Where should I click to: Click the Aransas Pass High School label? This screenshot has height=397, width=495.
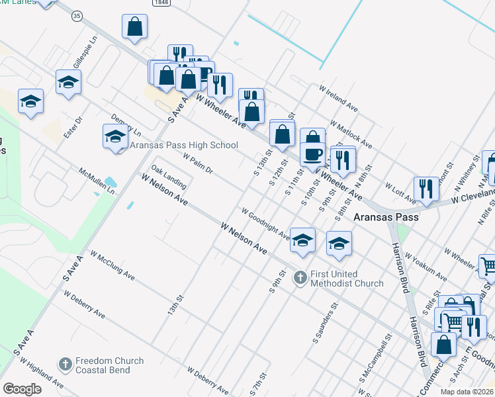coord(183,146)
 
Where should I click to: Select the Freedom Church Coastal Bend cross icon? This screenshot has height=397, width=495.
coord(65,364)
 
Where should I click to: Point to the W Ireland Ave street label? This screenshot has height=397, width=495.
coord(337,98)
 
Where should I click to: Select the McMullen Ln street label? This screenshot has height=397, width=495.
coord(97,179)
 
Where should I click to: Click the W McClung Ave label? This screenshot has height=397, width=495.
coord(112,265)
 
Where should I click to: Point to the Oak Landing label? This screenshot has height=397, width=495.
coord(168,175)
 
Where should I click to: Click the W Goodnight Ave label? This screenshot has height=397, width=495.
coord(265,225)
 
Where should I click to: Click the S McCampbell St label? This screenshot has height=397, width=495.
coord(375,361)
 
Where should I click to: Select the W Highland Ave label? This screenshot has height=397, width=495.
coord(42,373)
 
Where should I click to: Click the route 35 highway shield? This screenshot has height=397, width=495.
coord(77,16)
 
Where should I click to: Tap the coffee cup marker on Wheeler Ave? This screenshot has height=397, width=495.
coord(312,154)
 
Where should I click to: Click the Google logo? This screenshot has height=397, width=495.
coord(22,389)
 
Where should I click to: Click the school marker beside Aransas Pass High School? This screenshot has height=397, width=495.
coord(115,136)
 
